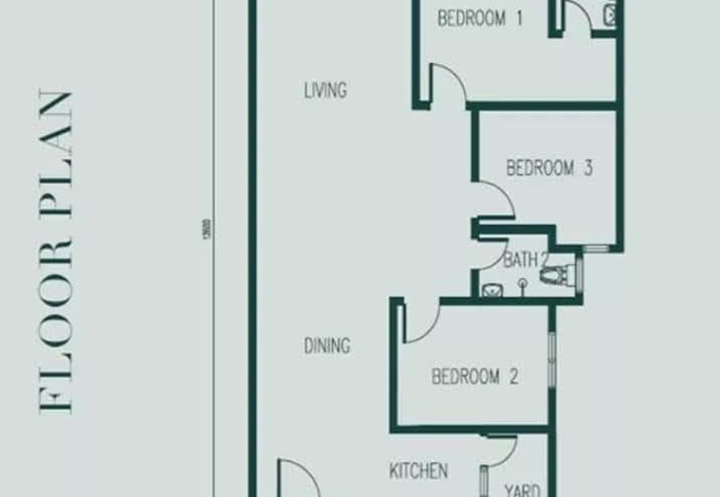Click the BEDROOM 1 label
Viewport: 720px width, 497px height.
tap(481, 18)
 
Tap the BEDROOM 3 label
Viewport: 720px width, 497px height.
tap(549, 167)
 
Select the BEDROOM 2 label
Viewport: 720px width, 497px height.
tap(475, 376)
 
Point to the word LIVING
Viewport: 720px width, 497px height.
tap(325, 90)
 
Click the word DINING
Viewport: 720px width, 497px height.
tap(326, 346)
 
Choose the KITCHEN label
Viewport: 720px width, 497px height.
tap(418, 471)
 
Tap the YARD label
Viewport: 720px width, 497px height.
tap(521, 490)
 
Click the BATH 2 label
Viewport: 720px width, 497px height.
tap(526, 261)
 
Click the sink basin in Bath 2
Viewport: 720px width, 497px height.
tap(492, 290)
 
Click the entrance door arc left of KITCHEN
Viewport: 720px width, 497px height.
tap(297, 477)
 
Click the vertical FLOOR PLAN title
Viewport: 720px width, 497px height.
tap(56, 252)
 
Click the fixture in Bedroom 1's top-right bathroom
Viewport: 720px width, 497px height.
tap(609, 14)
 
